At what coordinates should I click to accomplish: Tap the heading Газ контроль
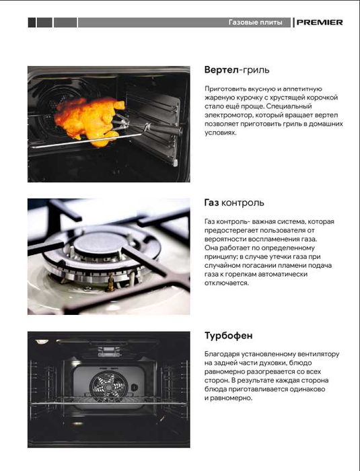point(233,203)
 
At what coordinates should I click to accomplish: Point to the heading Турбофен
point(228,335)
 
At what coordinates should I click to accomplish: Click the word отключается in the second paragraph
point(226,283)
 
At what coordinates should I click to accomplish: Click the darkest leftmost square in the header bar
point(32,22)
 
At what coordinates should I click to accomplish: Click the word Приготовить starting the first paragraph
point(225,89)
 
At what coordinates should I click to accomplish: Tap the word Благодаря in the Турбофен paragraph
point(222,354)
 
